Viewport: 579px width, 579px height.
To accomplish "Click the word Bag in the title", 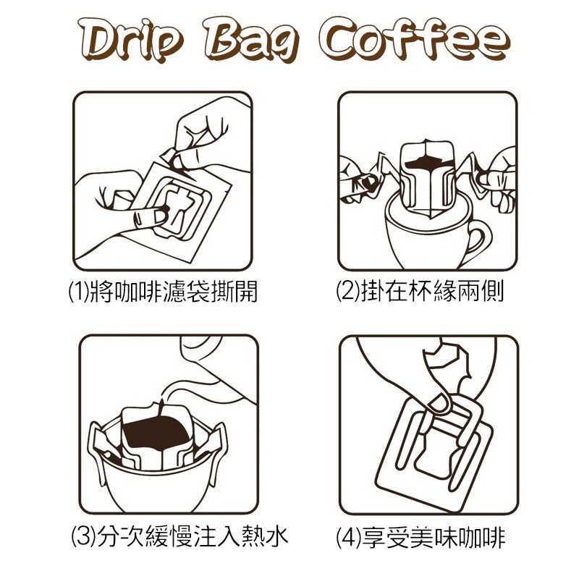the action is pyautogui.click(x=251, y=41).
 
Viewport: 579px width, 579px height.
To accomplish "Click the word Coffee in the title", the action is pyautogui.click(x=414, y=39).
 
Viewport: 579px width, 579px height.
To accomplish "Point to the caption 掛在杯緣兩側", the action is pyautogui.click(x=432, y=291).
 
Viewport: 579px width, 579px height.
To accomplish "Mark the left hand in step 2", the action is pyautogui.click(x=358, y=179).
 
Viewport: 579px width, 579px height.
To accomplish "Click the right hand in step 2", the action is pyautogui.click(x=496, y=179).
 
